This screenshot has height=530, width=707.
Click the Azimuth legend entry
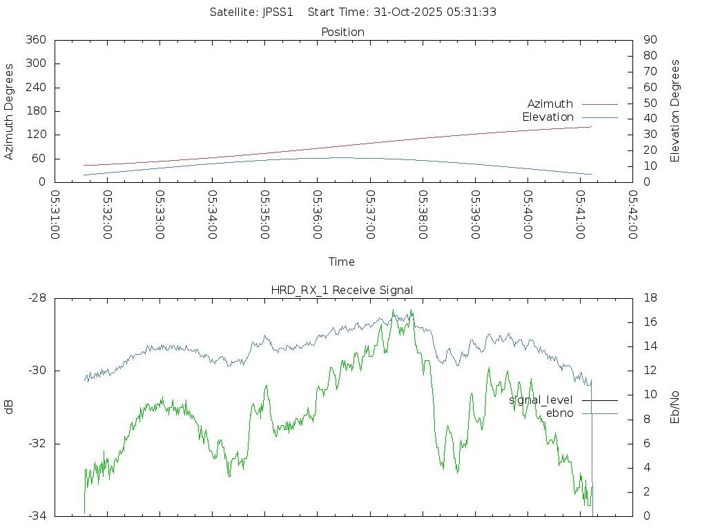(550, 104)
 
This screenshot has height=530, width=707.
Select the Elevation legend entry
(548, 117)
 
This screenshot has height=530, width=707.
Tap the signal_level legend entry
(541, 400)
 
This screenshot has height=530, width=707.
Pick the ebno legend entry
(559, 413)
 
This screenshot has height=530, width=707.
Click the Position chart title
(343, 32)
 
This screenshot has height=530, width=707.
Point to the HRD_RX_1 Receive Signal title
(342, 290)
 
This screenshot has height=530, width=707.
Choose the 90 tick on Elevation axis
(649, 40)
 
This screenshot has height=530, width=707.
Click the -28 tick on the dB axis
(37, 298)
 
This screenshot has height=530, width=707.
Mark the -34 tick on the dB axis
(37, 516)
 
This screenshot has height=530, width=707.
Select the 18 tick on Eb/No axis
(649, 298)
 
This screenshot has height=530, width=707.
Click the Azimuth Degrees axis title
(10, 111)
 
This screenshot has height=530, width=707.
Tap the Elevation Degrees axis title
(675, 111)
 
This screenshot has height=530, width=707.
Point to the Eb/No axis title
(675, 407)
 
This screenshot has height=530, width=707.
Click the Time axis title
(342, 262)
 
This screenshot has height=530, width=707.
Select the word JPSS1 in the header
(278, 12)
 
